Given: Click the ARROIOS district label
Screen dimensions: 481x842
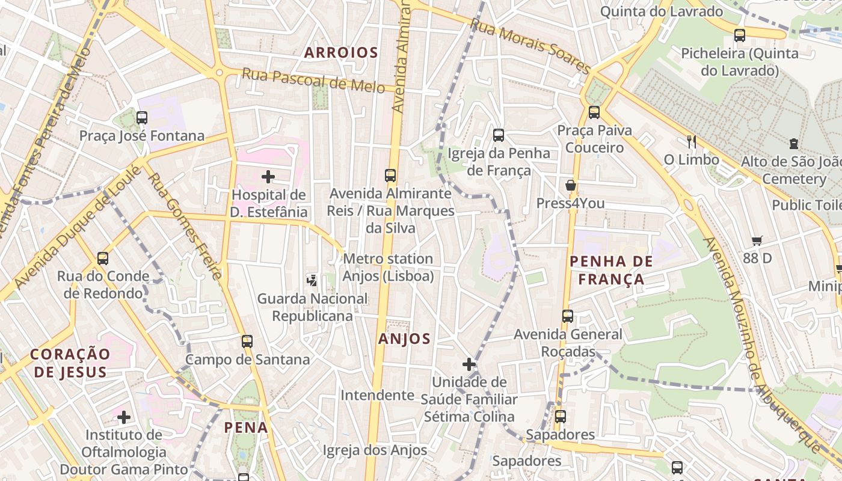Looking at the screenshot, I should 341,53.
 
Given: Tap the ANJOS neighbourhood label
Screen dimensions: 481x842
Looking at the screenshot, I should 405,339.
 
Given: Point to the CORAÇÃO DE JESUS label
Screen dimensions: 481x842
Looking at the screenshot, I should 70,363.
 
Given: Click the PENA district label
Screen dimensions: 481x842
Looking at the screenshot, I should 245,427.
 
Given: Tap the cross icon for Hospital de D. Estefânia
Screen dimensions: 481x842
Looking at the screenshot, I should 268,177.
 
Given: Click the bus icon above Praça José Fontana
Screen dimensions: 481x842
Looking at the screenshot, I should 142,118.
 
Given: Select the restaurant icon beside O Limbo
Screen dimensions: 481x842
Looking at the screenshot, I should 692,142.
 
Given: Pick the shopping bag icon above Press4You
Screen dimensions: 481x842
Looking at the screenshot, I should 570,185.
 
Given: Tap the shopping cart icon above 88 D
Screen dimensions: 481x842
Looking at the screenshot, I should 757,240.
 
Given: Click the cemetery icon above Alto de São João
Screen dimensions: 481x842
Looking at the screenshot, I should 794,144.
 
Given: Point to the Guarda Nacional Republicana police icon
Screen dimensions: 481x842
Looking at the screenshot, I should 312,280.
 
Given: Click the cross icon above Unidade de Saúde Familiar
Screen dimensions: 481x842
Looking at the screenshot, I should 469,364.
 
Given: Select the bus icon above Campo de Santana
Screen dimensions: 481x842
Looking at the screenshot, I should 247,342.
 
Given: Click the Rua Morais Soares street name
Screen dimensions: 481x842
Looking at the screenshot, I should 529,46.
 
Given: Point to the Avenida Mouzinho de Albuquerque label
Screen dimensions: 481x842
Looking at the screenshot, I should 760,343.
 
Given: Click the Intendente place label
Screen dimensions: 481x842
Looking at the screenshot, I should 377,395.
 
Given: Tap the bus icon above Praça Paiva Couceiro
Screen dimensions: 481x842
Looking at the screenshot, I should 594,112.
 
